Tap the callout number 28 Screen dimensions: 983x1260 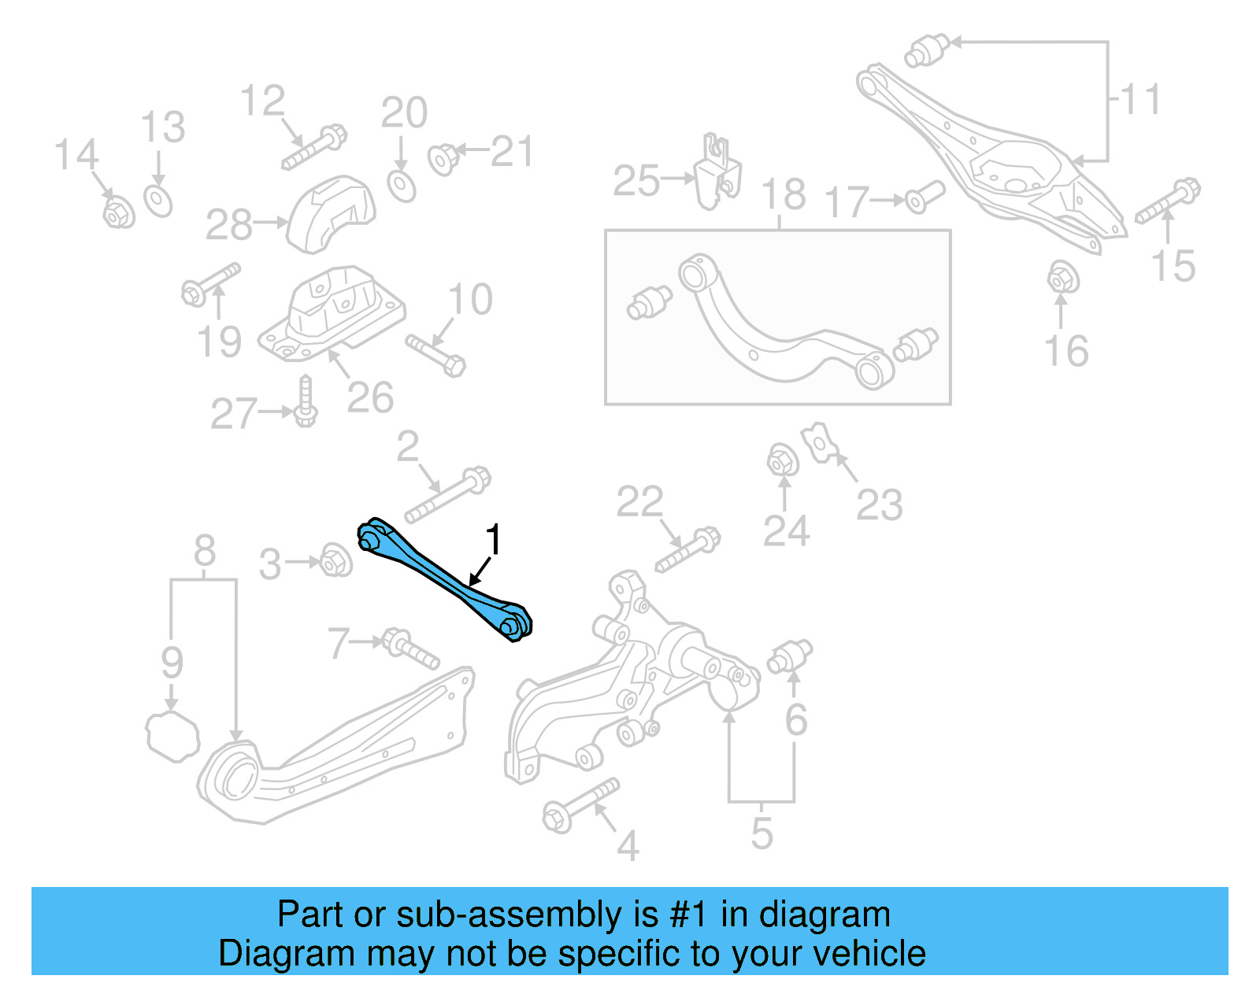229,225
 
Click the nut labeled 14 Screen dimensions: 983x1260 119,212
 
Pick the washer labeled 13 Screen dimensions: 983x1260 158,200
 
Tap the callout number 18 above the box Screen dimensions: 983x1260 784,194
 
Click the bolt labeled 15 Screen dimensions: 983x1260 1168,201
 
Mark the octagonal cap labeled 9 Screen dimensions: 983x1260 172,736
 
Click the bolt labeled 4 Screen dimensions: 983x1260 580,804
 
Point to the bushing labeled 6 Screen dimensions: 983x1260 791,656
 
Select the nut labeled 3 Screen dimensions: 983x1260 337,560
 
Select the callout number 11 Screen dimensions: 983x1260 1140,100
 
